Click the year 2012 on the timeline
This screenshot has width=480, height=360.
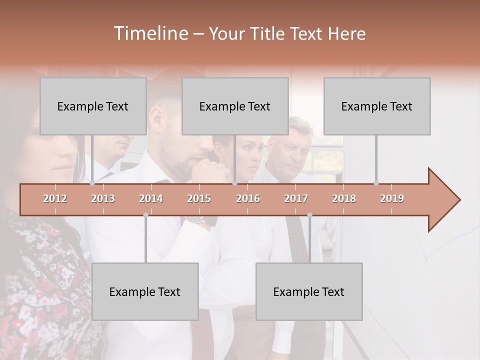[x=55, y=198]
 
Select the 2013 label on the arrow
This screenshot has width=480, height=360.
[x=103, y=198]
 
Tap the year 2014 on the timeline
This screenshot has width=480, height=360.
[x=151, y=198]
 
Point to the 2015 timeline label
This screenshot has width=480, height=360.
[x=199, y=198]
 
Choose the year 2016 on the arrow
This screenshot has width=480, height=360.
[x=248, y=198]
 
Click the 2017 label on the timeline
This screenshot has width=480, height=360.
[x=296, y=198]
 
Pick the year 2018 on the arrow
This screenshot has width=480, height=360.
[x=344, y=198]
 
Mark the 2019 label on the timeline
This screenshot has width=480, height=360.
[x=392, y=198]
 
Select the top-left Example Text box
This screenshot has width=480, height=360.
[x=93, y=106]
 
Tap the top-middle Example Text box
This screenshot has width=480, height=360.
[x=235, y=106]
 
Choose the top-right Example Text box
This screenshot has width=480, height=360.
[x=377, y=106]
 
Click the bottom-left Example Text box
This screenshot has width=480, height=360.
[x=145, y=291]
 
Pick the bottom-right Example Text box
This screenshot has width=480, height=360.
[x=309, y=291]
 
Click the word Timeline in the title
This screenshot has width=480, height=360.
[x=150, y=33]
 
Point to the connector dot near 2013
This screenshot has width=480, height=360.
[x=92, y=183]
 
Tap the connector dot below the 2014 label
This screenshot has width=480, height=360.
[x=145, y=215]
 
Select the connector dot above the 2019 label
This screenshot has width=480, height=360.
[x=376, y=183]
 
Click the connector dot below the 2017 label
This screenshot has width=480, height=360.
[x=309, y=215]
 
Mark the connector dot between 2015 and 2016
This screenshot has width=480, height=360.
[x=234, y=183]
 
